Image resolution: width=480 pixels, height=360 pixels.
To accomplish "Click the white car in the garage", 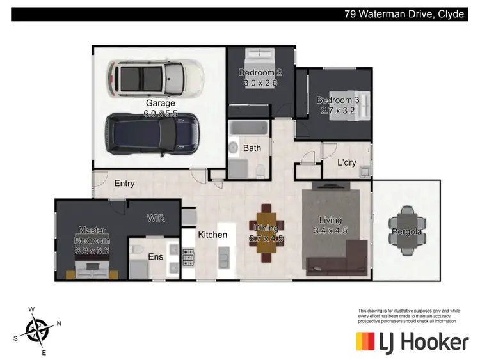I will click(156, 77).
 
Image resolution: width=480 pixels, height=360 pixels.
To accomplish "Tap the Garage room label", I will click(160, 103).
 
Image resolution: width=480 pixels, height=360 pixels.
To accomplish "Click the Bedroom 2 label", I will click(260, 72).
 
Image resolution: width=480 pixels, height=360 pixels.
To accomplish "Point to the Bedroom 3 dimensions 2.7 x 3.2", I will click(338, 110).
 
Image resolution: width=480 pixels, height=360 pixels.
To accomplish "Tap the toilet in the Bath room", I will click(261, 169).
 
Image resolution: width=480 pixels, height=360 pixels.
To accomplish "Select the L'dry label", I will click(346, 162).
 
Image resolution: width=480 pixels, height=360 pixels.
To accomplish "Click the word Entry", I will click(124, 184).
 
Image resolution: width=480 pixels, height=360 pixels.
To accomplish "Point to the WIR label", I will click(156, 218).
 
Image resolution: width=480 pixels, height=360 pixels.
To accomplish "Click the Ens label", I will click(156, 256).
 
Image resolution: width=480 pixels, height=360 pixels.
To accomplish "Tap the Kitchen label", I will click(212, 235).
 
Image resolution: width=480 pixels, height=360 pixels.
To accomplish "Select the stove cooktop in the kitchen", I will click(189, 257).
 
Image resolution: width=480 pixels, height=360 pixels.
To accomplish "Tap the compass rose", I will click(38, 331).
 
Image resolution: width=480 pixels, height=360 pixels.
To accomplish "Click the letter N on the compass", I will click(59, 324).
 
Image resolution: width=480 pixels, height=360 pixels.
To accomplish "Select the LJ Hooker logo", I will click(412, 342).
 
